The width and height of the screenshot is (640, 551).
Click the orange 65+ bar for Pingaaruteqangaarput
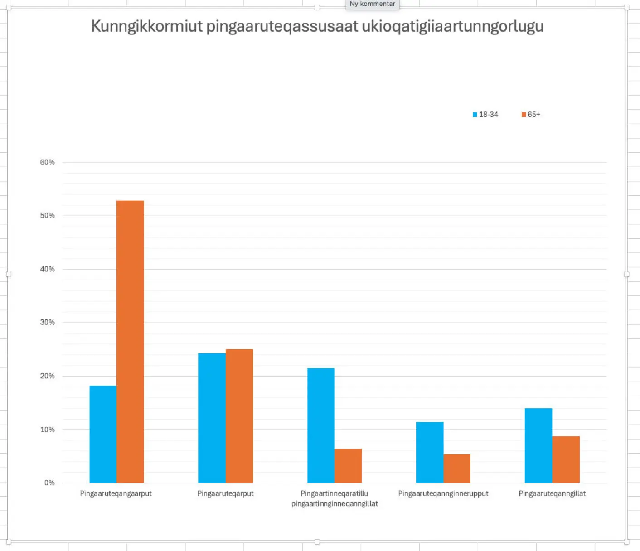click(130, 342)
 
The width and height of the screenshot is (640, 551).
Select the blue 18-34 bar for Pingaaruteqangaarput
click(103, 434)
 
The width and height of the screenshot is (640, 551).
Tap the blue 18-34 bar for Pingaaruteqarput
click(212, 418)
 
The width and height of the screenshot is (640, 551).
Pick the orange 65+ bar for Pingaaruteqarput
click(239, 416)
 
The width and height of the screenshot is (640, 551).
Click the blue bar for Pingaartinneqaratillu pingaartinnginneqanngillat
click(321, 425)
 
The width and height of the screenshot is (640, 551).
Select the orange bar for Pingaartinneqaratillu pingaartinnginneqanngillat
click(348, 466)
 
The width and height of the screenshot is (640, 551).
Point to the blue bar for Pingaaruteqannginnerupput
click(430, 452)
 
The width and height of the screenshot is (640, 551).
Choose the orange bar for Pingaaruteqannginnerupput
click(457, 469)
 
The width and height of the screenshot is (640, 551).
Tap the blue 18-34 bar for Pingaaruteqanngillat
click(538, 445)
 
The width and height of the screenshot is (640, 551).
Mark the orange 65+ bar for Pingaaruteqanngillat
click(566, 459)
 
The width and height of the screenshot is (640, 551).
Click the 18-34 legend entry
click(485, 115)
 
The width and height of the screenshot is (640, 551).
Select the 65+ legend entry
click(531, 115)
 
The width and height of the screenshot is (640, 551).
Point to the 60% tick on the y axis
click(47, 162)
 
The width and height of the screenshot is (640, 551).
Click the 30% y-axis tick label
click(47, 322)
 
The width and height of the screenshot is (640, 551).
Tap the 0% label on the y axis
click(49, 483)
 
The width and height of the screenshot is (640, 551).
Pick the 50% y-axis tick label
click(47, 215)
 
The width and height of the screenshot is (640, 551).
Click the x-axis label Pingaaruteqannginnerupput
click(443, 493)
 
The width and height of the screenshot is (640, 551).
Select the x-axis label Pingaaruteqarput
click(225, 493)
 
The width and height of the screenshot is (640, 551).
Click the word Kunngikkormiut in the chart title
click(146, 26)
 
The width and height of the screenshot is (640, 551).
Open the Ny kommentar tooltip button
click(372, 4)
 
